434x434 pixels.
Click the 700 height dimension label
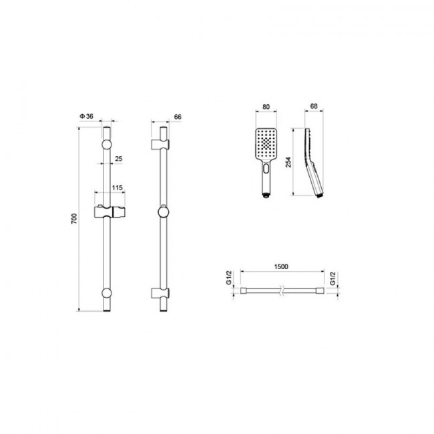tap(75, 218)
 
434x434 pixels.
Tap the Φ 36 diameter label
tap(86, 116)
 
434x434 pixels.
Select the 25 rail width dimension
tap(118, 159)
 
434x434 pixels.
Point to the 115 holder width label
tap(117, 188)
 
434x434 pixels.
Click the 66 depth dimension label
tap(178, 117)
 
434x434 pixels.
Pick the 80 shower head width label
tap(266, 107)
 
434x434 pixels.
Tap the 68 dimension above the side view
tap(314, 106)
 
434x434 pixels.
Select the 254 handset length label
tap(288, 162)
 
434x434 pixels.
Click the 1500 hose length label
tap(281, 266)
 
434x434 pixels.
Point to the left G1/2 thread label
tap(228, 278)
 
